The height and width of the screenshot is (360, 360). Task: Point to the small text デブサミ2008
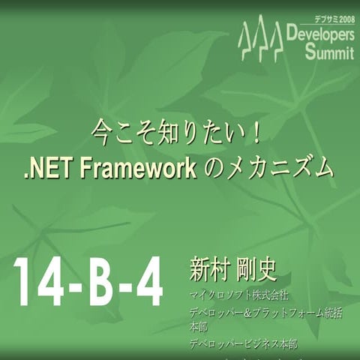pyautogui.click(x=334, y=19)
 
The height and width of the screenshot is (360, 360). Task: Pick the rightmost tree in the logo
pyautogui.click(x=276, y=42)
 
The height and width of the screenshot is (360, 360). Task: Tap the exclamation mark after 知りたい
pyautogui.click(x=255, y=135)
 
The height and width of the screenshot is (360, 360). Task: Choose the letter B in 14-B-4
pyautogui.click(x=101, y=283)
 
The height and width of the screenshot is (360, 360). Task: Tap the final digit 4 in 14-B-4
pyautogui.click(x=147, y=283)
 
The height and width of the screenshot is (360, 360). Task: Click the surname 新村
pyautogui.click(x=209, y=271)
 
